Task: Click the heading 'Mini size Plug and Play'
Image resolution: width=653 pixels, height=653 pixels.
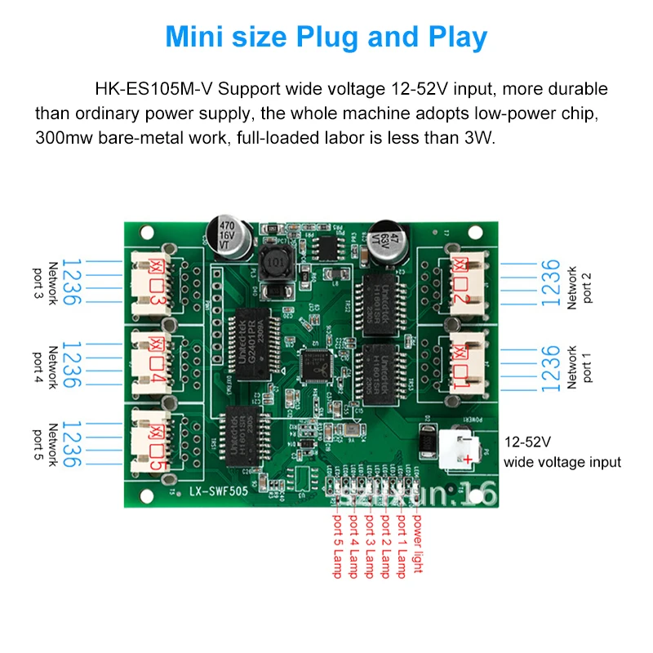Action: [x=326, y=38]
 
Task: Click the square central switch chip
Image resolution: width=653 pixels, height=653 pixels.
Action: [x=316, y=366]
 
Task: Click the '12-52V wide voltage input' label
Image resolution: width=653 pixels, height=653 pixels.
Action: [x=562, y=452]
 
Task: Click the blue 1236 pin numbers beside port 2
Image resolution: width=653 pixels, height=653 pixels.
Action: [x=551, y=282]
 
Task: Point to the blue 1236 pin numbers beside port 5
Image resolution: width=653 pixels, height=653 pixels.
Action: [x=72, y=444]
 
